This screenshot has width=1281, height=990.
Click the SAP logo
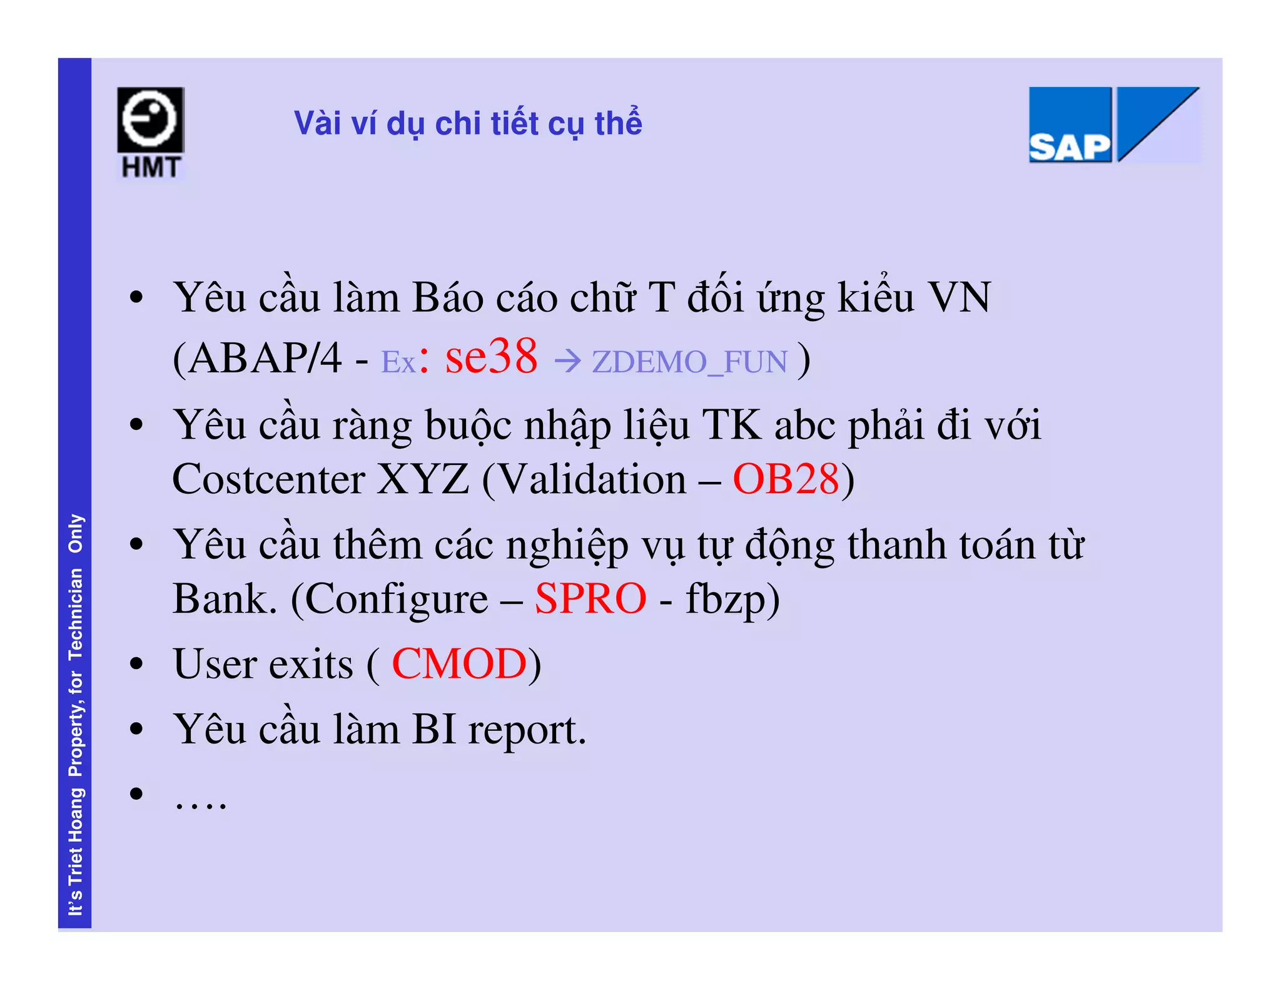pos(1113,125)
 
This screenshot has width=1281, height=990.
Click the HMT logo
pos(150,133)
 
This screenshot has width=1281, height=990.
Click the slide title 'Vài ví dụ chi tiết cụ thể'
pos(468,123)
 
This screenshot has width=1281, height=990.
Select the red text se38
pos(491,357)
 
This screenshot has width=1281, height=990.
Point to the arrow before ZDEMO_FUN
pos(568,362)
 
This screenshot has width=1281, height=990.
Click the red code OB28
pos(786,480)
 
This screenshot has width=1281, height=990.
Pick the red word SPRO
pos(590,599)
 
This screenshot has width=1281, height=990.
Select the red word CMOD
pos(459,664)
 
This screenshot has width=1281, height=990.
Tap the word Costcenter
pos(268,480)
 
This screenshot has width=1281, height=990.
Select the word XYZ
pos(423,480)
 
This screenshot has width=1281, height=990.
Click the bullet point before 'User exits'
pos(136,664)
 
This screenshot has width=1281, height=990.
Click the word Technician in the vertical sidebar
pos(76,614)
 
